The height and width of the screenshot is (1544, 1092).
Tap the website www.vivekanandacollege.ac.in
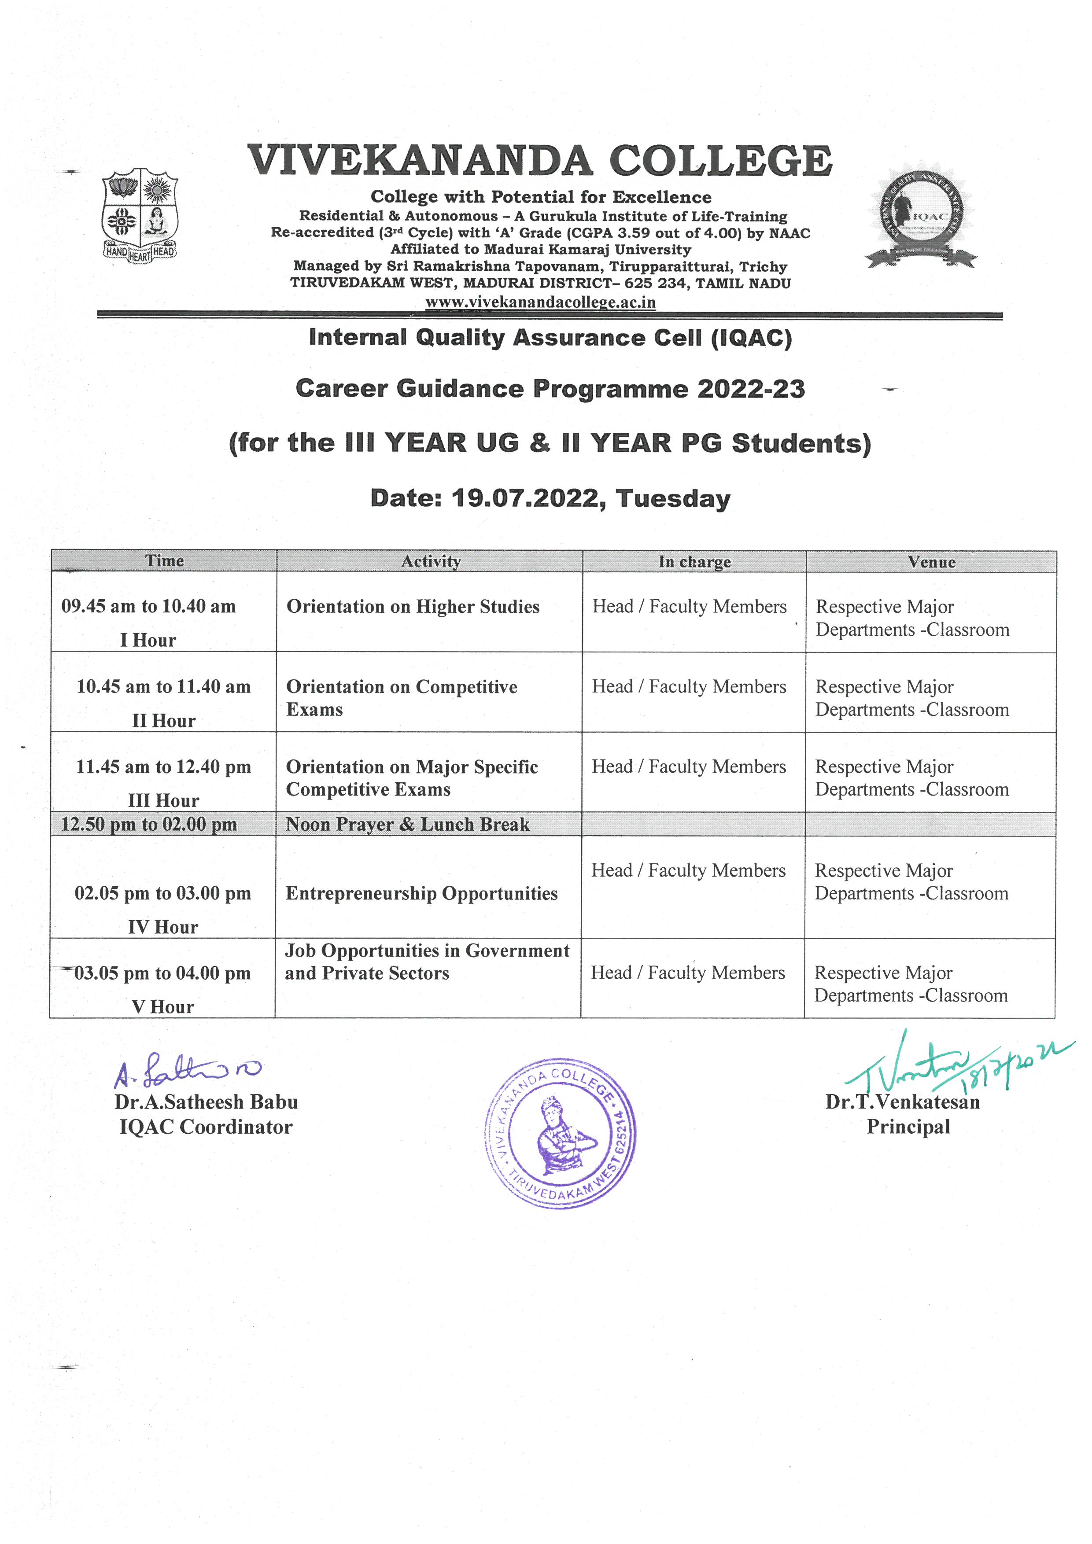point(540,302)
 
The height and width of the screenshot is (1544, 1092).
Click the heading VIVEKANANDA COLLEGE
point(540,162)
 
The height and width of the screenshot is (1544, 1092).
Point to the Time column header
point(164,561)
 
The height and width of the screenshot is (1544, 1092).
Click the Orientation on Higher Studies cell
point(413,607)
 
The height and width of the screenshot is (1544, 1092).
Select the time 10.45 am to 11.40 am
point(163,687)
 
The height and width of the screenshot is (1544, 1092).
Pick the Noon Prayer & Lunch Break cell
point(407,825)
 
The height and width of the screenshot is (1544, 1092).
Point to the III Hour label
point(163,800)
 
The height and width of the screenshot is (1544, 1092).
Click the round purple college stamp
point(560,1133)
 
